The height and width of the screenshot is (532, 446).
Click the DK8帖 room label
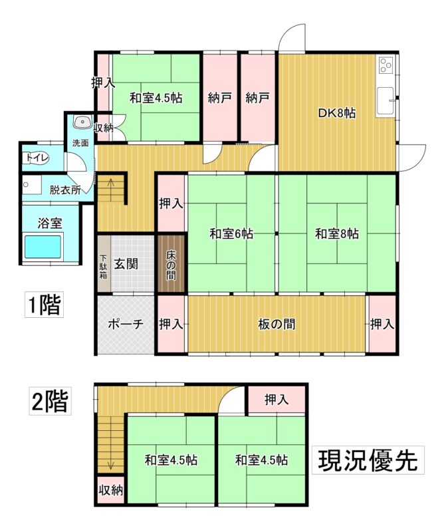(336, 112)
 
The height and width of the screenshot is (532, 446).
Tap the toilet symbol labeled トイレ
(37, 158)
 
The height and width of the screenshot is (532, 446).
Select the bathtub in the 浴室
(43, 247)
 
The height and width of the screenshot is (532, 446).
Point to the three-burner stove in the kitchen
(386, 65)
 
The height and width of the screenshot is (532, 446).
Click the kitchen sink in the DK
(386, 101)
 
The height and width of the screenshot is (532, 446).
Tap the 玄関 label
(126, 263)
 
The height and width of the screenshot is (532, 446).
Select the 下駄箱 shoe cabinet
(104, 264)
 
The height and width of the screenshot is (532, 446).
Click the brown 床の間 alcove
(171, 263)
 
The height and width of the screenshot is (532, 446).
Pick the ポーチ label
(126, 324)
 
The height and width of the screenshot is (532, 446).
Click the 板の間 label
(277, 325)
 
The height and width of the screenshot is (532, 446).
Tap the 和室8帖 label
(337, 234)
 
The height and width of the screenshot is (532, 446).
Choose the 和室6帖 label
(231, 234)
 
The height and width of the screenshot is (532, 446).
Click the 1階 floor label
(44, 305)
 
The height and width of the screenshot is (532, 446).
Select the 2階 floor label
(50, 402)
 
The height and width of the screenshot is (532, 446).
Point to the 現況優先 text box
(368, 460)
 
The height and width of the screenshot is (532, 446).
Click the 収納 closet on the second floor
(110, 490)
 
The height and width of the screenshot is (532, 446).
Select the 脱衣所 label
(65, 190)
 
